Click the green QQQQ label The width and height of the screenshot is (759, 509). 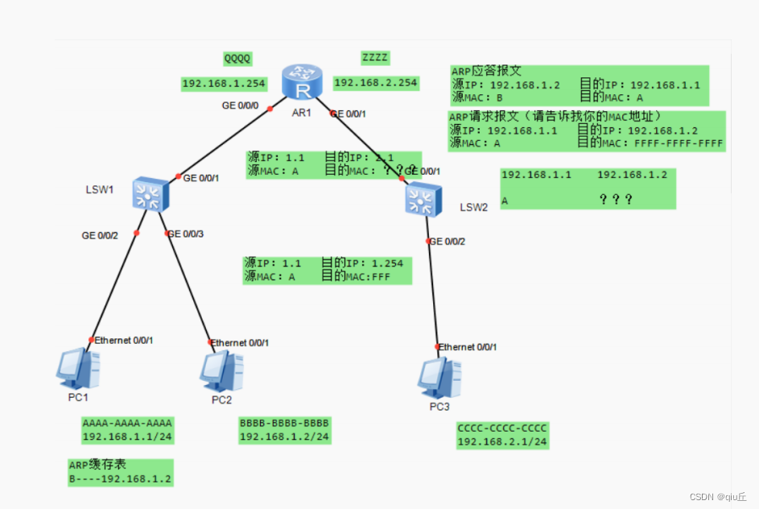237,59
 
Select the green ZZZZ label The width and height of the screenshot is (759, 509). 375,58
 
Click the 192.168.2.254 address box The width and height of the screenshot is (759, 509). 376,82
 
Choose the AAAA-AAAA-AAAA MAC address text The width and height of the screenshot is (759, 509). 127,423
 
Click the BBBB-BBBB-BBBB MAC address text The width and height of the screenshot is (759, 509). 284,423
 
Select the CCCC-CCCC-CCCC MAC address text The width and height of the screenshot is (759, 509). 502,428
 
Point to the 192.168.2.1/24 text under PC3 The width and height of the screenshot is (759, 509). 502,441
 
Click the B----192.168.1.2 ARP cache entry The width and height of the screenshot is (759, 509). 120,478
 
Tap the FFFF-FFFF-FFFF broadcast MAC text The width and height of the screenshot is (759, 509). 679,143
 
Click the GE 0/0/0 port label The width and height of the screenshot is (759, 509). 241,106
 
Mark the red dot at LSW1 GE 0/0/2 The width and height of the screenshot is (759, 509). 137,233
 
